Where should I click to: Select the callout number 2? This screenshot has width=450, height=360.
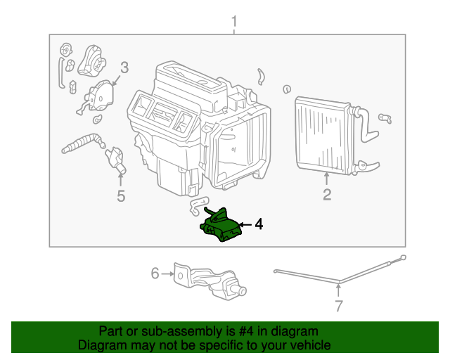pos(327,195)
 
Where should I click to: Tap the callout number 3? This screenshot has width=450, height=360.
pos(124,68)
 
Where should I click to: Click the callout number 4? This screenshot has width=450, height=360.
pos(259,224)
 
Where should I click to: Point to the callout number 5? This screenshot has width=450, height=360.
pos(121,196)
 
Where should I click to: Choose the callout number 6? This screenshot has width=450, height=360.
pos(155,274)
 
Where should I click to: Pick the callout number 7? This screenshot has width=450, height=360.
pos(338,306)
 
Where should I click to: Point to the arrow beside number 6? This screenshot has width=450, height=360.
pos(168,274)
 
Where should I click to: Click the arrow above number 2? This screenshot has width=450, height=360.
pos(327,179)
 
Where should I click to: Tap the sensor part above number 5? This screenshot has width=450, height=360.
pos(115,159)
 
